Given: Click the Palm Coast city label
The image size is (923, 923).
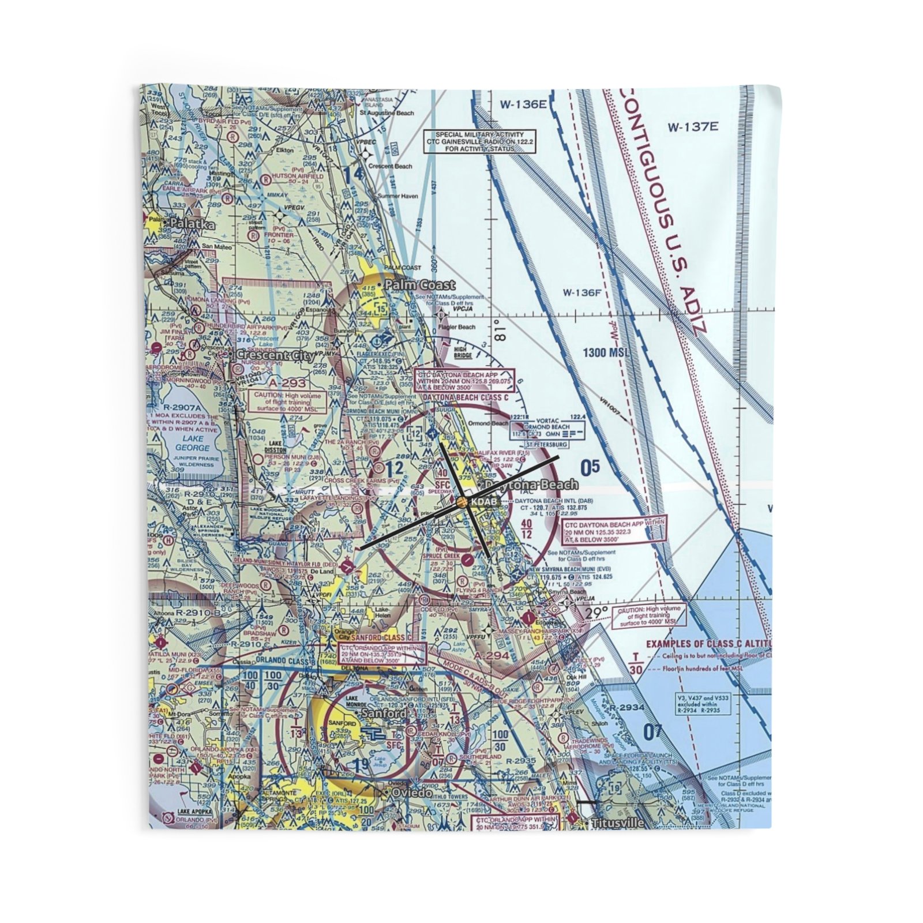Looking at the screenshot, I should point(420,285).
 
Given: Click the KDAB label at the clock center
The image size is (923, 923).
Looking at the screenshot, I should point(483,502).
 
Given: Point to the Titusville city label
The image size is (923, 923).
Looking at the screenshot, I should point(616,824).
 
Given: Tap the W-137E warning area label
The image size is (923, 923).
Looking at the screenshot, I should point(693,127).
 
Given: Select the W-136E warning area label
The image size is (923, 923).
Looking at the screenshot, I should point(523,104).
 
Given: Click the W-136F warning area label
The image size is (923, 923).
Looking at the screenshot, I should point(582,293).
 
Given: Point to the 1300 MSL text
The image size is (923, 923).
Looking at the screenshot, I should point(606,352).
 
